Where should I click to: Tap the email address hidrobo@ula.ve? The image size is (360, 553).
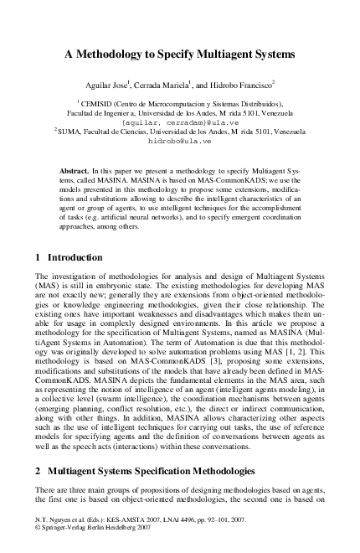point(179,142)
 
